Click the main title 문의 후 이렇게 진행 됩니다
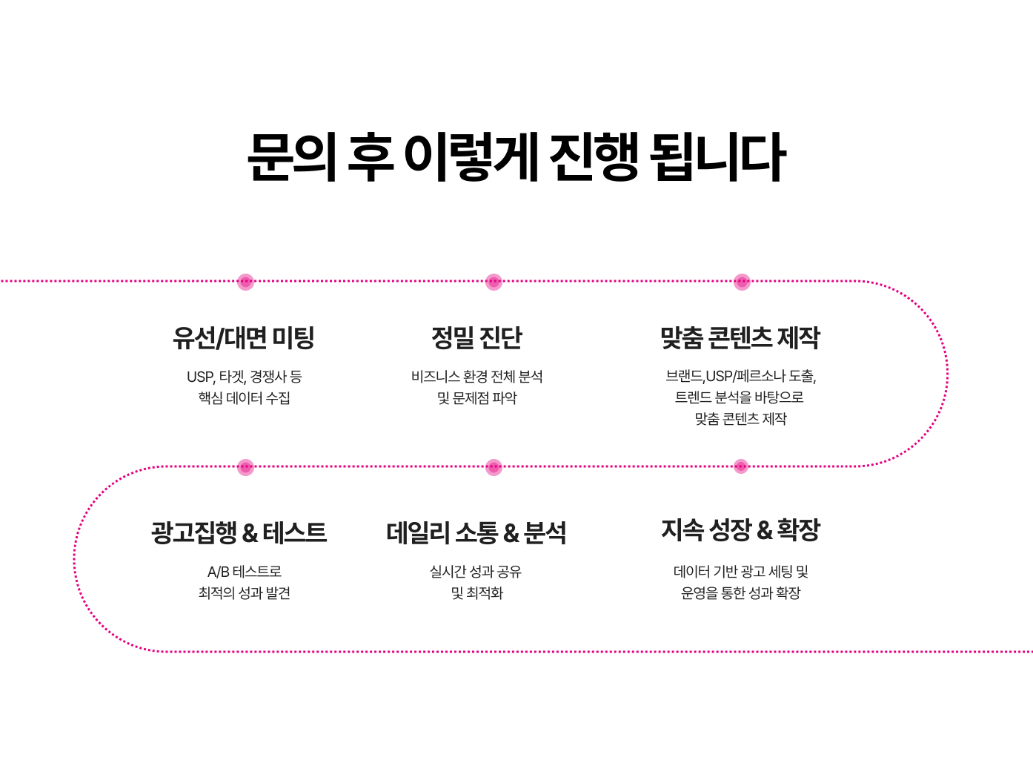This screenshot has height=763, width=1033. (x=516, y=157)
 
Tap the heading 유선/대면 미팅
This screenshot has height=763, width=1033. (x=244, y=338)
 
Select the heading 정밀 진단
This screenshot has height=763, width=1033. (x=476, y=338)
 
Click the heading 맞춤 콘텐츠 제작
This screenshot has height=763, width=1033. (x=740, y=338)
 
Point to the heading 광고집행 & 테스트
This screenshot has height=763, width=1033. (x=239, y=532)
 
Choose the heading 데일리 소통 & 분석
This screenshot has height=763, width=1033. (x=476, y=532)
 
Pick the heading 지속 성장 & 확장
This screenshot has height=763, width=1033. (x=740, y=529)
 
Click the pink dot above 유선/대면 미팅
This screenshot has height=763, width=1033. (x=245, y=282)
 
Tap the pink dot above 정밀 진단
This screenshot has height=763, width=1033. (x=494, y=282)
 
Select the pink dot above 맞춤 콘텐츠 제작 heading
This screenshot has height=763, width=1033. (x=742, y=282)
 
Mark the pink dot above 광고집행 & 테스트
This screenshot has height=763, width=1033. (x=245, y=467)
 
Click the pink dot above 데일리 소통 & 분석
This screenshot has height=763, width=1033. (x=494, y=467)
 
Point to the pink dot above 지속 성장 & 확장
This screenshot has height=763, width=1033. (x=741, y=466)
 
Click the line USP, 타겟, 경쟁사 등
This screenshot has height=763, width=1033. (x=244, y=377)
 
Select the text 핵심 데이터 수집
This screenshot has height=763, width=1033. (x=244, y=398)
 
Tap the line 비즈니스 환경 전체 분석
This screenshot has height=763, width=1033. (x=476, y=377)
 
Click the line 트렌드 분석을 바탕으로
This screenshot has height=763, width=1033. (x=740, y=397)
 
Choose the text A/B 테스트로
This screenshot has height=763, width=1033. (x=244, y=572)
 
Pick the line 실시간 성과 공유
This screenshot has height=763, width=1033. (x=476, y=572)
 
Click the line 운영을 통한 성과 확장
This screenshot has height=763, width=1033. (x=740, y=593)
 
